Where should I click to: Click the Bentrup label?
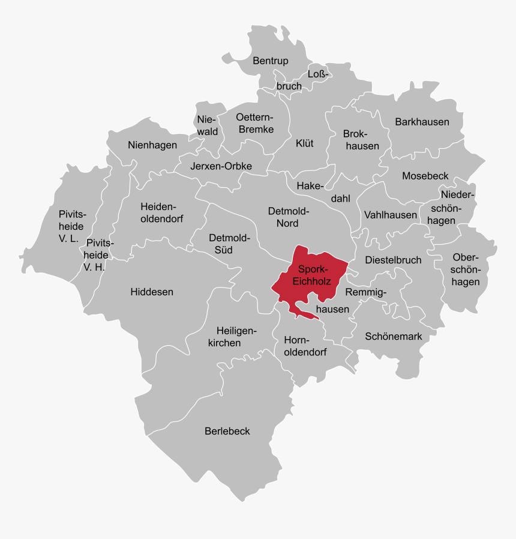[271, 61]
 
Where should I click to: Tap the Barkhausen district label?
[422, 122]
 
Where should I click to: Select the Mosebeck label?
[425, 176]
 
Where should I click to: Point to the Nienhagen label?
[152, 145]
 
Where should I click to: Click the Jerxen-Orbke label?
[221, 166]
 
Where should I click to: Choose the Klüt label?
[305, 143]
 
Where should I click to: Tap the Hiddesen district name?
[152, 292]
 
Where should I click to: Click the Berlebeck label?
[227, 431]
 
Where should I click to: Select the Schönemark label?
[394, 337]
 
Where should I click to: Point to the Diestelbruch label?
[393, 260]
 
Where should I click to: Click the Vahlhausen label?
[391, 215]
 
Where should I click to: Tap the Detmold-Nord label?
[287, 217]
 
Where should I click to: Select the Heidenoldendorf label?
[161, 212]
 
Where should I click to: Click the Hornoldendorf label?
[305, 346]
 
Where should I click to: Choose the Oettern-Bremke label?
[255, 123]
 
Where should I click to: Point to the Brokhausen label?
[361, 140]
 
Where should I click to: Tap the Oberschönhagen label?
[466, 269]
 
